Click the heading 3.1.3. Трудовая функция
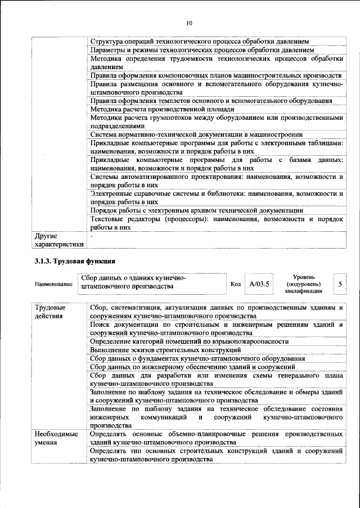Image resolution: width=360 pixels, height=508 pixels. (x=75, y=262)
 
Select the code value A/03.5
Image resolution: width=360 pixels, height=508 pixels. (x=259, y=284)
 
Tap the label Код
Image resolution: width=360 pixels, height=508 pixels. (x=236, y=284)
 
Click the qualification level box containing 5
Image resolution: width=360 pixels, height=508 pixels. (x=340, y=284)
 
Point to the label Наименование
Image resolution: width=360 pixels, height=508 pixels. (x=53, y=285)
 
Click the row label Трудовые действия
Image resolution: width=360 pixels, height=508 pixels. (x=50, y=313)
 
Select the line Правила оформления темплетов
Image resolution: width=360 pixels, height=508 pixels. (x=211, y=101)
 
